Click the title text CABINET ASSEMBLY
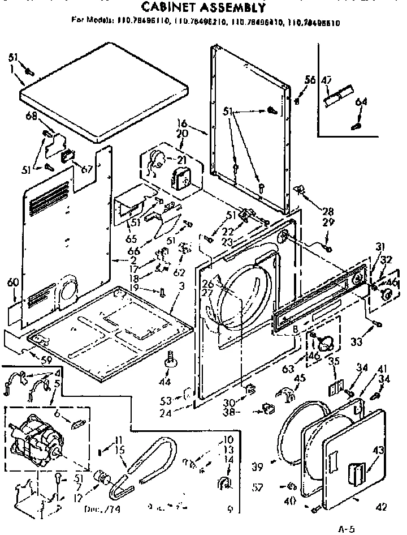click(x=202, y=7)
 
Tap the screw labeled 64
click(x=356, y=125)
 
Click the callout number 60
click(x=12, y=281)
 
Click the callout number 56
click(x=310, y=80)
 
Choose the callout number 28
click(x=327, y=211)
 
